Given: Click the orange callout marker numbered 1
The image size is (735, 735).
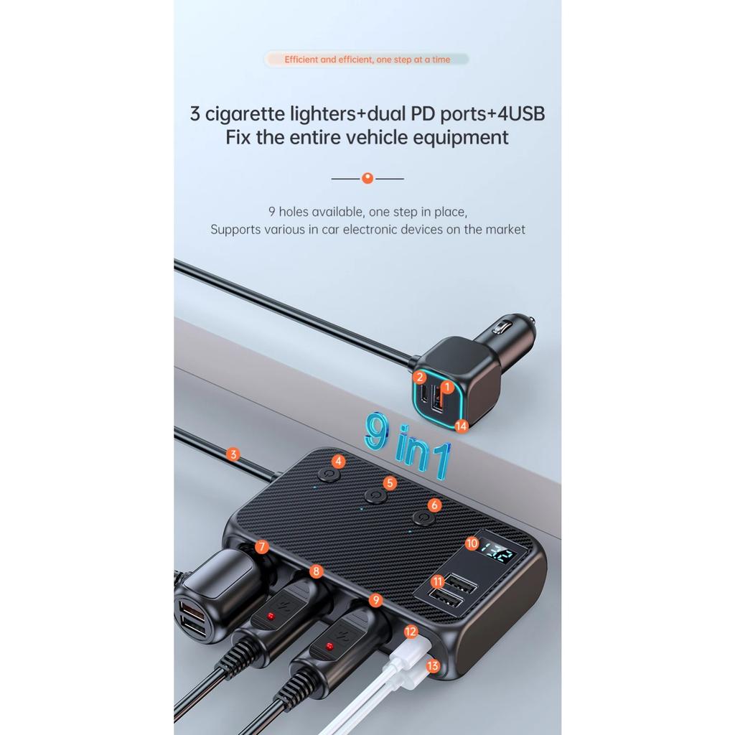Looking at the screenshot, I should pos(446,387).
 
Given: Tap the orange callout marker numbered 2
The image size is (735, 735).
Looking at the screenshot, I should pos(420,377).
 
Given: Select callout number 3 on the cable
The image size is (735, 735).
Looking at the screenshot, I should pos(232,454).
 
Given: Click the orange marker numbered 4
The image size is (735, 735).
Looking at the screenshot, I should pos(338,461).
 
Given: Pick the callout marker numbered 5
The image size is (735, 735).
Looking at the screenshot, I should pos(390,482).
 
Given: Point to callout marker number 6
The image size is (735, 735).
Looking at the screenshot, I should pos(434,505).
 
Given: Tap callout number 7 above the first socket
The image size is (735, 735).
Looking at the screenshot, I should pos(262,547).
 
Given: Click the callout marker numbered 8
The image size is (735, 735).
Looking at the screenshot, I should pos(316,571).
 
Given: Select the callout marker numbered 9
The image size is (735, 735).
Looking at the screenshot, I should pos(375,599).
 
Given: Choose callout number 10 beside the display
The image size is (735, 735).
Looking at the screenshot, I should pos(472,543).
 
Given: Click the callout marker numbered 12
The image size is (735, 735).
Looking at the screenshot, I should pos(411,632).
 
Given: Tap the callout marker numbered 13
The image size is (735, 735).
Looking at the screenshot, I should pos(433,665).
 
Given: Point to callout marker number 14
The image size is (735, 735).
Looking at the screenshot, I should pos(461,426).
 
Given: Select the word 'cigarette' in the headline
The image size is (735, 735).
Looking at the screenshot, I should pos(244,113).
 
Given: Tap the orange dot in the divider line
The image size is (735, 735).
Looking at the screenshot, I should pos(367,178).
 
